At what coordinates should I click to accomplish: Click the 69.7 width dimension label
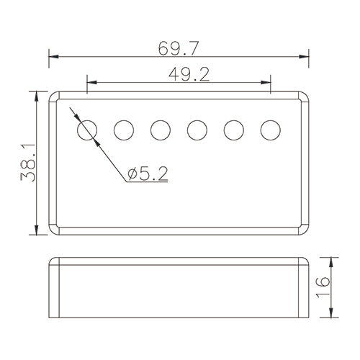179,48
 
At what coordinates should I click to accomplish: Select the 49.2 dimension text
189,74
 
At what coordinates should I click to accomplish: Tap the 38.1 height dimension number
28,163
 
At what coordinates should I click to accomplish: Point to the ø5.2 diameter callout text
148,174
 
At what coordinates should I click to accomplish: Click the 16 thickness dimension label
323,287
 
